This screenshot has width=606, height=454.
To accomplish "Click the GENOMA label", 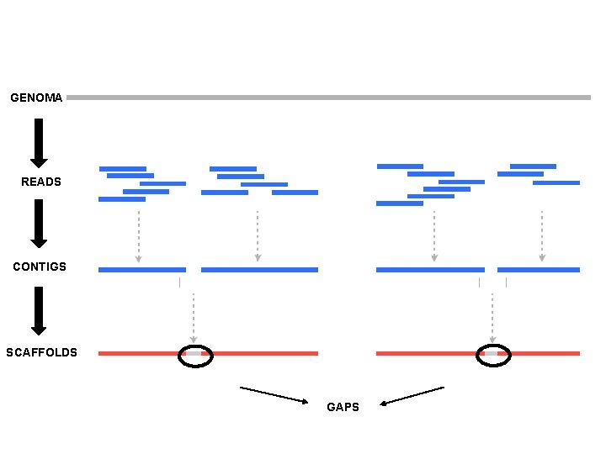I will tap(36, 98).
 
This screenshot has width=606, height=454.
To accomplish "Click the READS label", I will tap(41, 182).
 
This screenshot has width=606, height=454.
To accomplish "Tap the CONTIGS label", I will tap(40, 267).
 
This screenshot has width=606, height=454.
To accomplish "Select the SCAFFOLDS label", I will tap(41, 352).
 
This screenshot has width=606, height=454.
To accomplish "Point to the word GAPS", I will tap(343, 407).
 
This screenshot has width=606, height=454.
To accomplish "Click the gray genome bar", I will tap(328, 98).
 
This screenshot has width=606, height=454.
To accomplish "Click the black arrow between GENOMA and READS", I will tap(39, 142).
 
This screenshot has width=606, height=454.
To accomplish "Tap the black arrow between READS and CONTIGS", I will tap(39, 223).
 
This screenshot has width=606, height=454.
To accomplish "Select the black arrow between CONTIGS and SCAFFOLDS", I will tap(39, 310).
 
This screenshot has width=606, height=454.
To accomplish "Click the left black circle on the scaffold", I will tap(195, 356).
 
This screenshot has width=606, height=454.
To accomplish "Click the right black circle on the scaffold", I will tap(493, 356).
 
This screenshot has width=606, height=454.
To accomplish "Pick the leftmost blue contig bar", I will tap(141, 270).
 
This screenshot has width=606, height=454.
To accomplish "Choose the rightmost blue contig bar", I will tap(538, 270).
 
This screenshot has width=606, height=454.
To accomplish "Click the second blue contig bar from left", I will tap(259, 270).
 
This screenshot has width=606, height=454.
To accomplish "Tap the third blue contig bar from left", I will tap(430, 270).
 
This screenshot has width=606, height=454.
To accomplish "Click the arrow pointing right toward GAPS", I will tap(274, 395).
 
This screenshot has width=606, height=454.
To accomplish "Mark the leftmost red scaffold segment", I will tap(139, 354).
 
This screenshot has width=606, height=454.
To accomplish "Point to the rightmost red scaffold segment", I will tap(543, 354).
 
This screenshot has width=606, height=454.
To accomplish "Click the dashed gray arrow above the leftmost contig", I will tap(139, 236).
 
